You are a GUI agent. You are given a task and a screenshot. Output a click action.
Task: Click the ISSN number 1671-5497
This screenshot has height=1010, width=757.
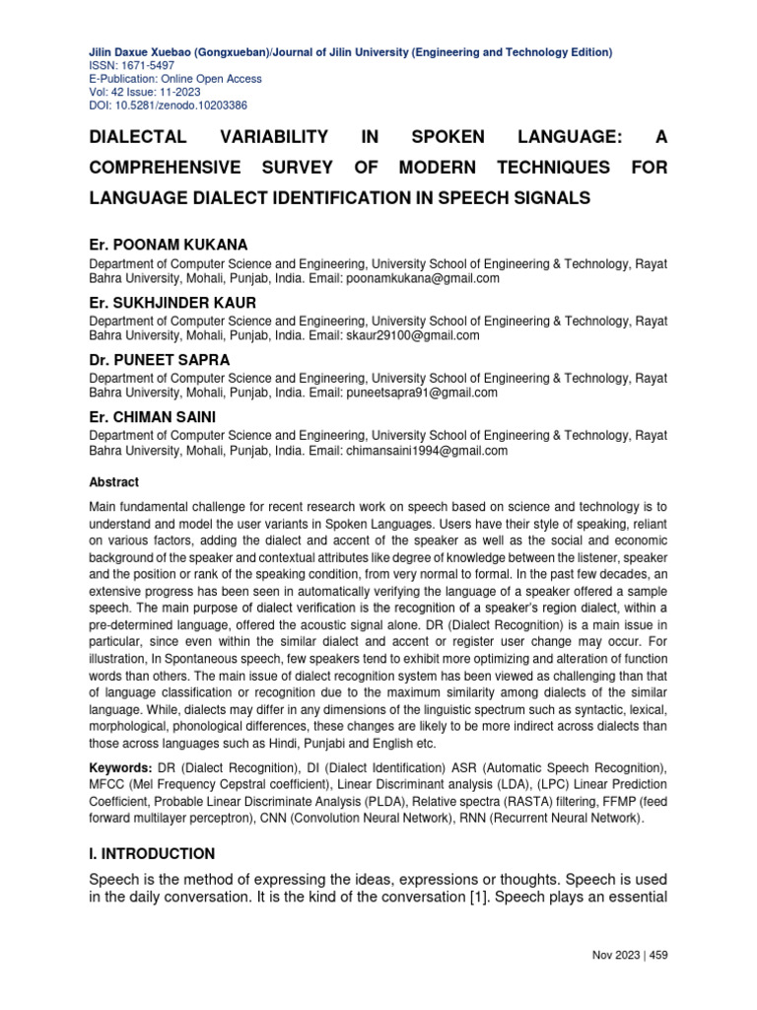138,66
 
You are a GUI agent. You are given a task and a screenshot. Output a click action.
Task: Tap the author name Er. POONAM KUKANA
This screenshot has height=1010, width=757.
169,245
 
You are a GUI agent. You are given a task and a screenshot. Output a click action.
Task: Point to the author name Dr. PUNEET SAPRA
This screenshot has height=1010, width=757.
160,360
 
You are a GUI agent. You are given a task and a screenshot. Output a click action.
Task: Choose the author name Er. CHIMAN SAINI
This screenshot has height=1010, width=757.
154,417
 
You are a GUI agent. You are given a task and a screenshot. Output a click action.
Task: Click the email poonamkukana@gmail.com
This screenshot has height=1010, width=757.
422,279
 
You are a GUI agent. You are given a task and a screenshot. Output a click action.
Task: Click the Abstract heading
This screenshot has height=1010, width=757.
114,482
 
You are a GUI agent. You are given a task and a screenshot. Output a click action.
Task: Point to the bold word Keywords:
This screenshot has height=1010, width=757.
121,767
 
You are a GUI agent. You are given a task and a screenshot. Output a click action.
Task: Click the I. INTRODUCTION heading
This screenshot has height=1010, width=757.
152,853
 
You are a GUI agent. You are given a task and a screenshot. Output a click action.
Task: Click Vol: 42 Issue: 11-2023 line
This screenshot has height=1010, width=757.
148,92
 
